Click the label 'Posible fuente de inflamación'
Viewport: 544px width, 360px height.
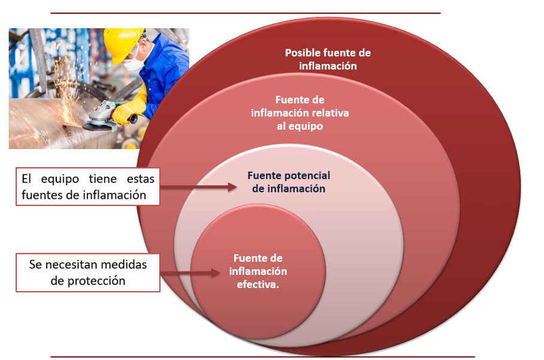[328, 59]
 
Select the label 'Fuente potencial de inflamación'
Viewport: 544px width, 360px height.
[289, 182]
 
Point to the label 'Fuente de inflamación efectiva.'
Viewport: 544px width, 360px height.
[258, 271]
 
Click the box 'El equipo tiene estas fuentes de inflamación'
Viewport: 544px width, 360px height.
[88, 186]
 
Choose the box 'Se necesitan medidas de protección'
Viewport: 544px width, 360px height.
[88, 272]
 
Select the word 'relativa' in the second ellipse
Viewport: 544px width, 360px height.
[329, 113]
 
